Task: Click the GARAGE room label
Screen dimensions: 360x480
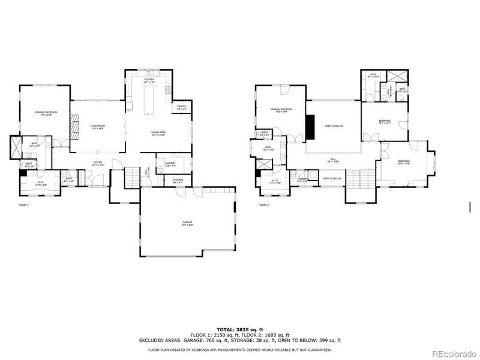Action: coord(188,224)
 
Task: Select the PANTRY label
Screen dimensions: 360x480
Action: coord(181,108)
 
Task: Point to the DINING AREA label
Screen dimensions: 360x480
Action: coord(158,134)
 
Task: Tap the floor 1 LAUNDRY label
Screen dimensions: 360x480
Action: coord(170,164)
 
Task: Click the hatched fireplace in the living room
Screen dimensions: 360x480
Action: coord(74,127)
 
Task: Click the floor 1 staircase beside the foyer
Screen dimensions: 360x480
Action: coord(131,177)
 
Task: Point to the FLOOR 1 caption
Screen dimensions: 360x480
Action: coord(23,205)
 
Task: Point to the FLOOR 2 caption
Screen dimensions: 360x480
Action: coord(264,205)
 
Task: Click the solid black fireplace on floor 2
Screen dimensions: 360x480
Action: coord(310,126)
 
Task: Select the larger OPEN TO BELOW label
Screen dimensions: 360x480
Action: coord(334,126)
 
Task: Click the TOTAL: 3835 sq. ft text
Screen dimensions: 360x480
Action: coord(239,329)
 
